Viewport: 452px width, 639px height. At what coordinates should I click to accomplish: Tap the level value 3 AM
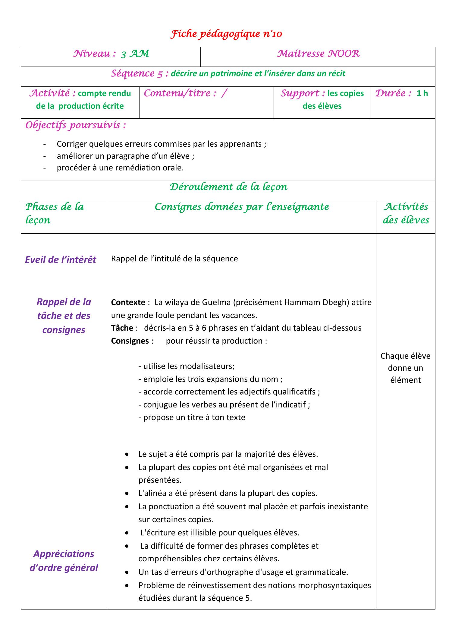(135, 54)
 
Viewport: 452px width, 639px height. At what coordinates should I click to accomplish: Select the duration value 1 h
(422, 93)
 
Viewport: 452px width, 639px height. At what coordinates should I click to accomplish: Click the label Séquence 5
(140, 73)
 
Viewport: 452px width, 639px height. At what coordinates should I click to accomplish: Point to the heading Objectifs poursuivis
(76, 125)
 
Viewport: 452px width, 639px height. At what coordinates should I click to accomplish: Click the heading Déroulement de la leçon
(228, 187)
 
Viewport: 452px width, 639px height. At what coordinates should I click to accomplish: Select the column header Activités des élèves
(406, 213)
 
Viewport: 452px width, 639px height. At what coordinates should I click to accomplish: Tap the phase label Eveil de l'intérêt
(61, 260)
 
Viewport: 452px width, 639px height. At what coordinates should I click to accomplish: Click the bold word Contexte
(128, 302)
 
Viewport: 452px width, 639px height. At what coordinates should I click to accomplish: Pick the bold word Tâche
(122, 328)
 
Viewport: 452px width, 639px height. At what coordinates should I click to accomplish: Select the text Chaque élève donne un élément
(405, 368)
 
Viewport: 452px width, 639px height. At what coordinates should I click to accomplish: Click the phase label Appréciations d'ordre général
(64, 561)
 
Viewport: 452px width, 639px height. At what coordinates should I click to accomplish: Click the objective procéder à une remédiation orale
(120, 168)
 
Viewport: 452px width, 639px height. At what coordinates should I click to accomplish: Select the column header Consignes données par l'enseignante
(241, 207)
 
